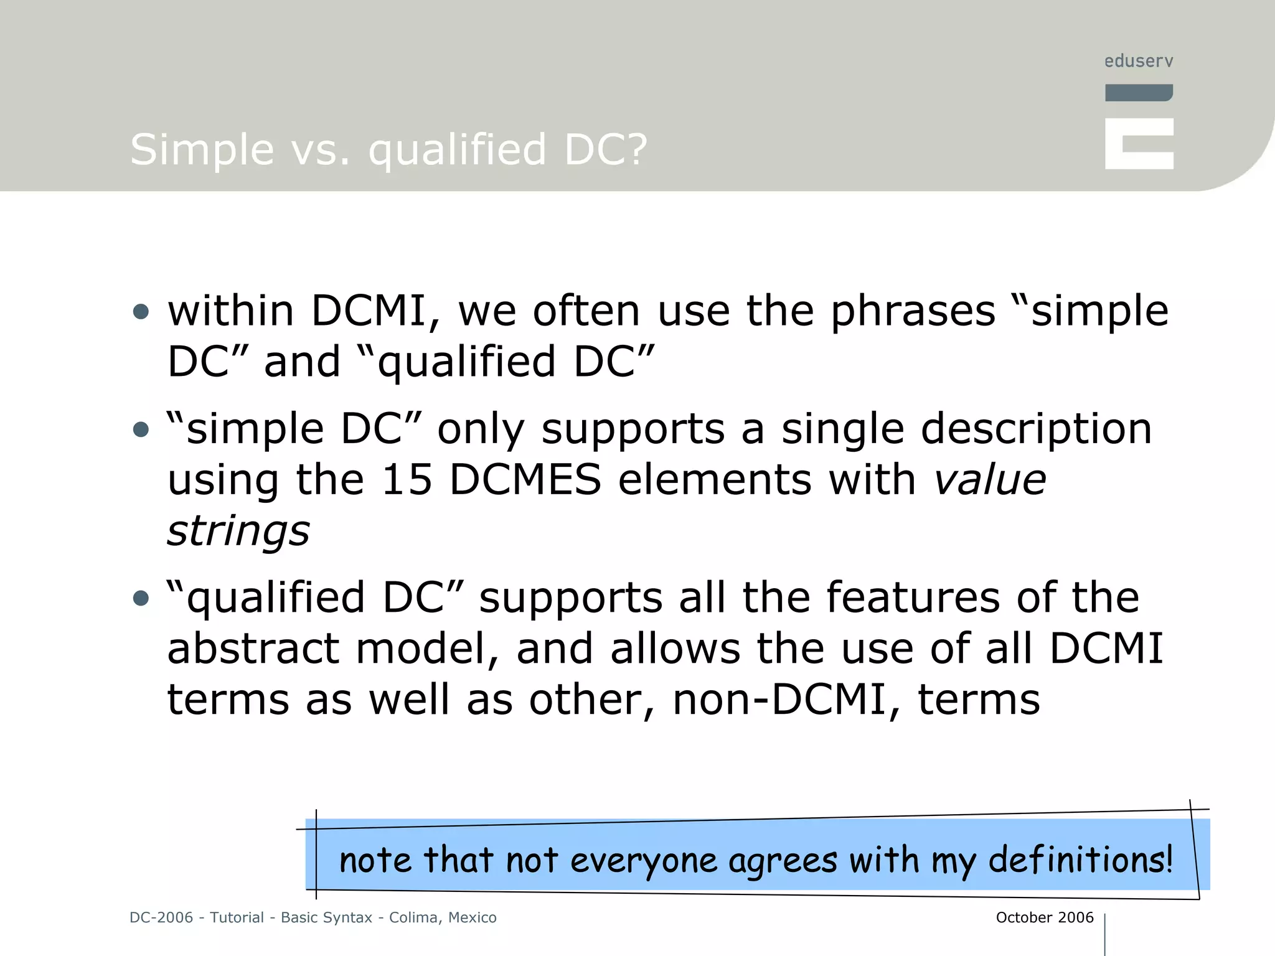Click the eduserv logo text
pyautogui.click(x=1138, y=61)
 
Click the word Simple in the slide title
pyautogui.click(x=202, y=150)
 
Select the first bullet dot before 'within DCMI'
pyautogui.click(x=141, y=311)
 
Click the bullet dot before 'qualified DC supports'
pyautogui.click(x=141, y=598)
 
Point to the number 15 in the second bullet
pyautogui.click(x=406, y=480)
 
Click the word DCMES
pyautogui.click(x=525, y=480)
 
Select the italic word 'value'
pyautogui.click(x=990, y=480)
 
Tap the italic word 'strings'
pyautogui.click(x=238, y=531)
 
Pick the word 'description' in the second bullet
pyautogui.click(x=1036, y=429)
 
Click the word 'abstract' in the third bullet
pyautogui.click(x=253, y=649)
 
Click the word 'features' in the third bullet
pyautogui.click(x=913, y=598)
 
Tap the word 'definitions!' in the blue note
pyautogui.click(x=1080, y=860)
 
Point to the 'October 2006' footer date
pyautogui.click(x=1044, y=917)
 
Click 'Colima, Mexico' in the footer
pyautogui.click(x=443, y=917)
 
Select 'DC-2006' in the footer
pyautogui.click(x=161, y=917)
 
